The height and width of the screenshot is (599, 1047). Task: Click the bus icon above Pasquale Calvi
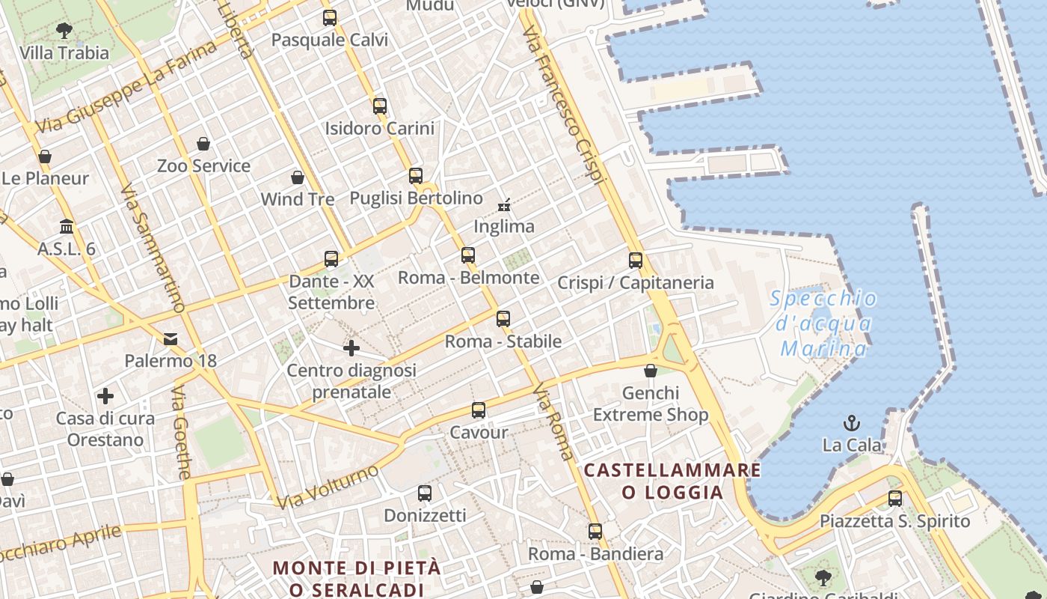(330, 17)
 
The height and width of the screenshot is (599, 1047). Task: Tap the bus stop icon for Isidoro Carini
(380, 106)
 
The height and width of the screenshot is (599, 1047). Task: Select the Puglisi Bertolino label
(417, 198)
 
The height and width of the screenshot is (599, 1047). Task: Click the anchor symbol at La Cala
(851, 424)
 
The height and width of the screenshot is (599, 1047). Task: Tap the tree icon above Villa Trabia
(64, 31)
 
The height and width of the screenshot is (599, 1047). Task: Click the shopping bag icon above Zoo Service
(203, 144)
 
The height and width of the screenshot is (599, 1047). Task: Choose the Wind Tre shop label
(298, 199)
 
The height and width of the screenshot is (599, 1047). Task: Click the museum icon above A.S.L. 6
(67, 226)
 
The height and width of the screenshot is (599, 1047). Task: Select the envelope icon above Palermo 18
(171, 339)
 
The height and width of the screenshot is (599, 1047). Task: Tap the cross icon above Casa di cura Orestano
(105, 396)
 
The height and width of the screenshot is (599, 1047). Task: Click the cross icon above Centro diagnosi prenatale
(351, 348)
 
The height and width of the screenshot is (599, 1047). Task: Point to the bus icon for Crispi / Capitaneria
(636, 261)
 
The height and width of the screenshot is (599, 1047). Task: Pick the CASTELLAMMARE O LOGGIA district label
(672, 481)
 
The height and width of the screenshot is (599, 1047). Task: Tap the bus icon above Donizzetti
(425, 493)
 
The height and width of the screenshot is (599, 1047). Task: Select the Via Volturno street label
(329, 486)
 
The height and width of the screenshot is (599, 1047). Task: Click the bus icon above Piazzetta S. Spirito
(895, 499)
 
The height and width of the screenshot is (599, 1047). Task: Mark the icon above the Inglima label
(504, 204)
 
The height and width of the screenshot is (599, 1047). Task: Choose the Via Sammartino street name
(153, 248)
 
